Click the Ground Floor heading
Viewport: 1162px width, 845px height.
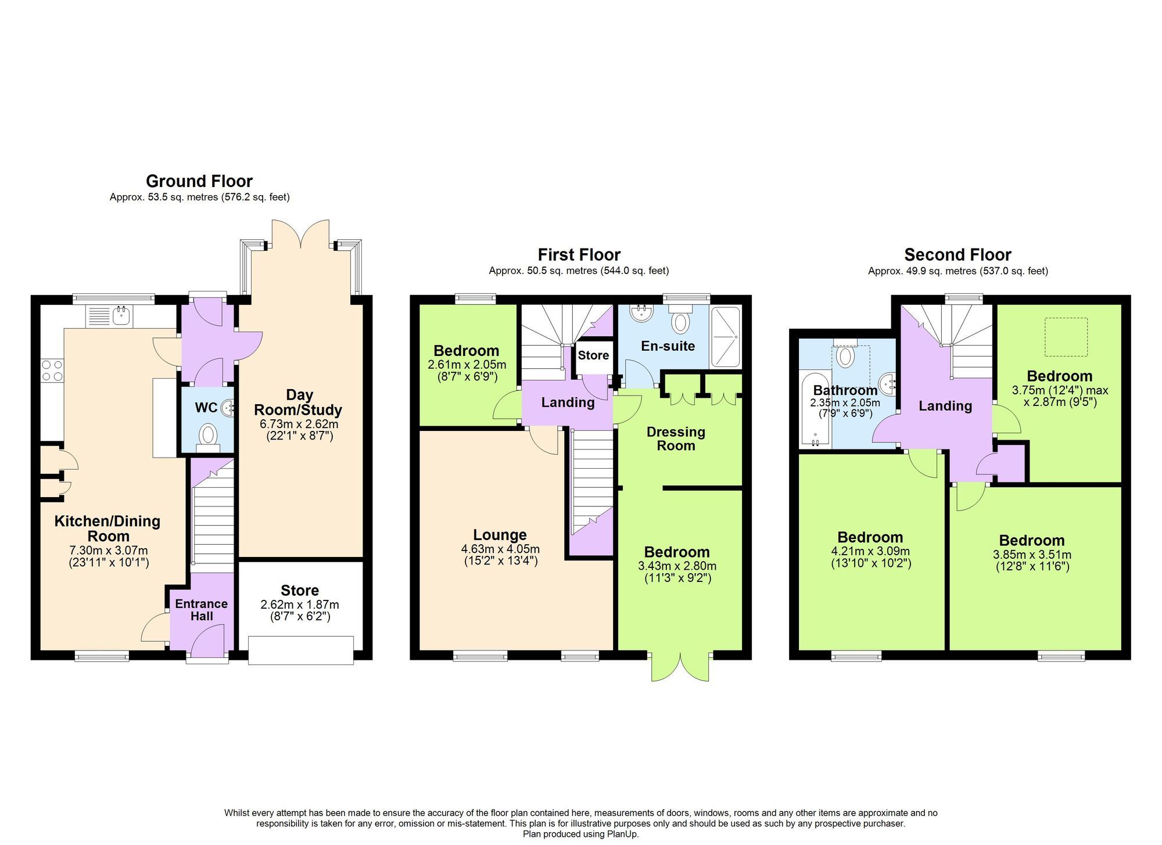199,181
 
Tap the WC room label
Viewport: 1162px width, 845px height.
206,408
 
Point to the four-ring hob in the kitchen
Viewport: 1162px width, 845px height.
52,371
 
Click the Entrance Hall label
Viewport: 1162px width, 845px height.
201,610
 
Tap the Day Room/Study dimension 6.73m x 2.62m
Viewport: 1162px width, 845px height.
299,424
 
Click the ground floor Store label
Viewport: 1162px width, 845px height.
299,591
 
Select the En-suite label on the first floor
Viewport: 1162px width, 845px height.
668,346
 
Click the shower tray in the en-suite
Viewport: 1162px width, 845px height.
726,337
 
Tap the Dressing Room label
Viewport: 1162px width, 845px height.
676,438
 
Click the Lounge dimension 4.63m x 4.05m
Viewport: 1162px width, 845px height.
500,549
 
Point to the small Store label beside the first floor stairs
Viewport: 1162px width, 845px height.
593,355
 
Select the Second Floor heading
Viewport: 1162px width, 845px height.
957,255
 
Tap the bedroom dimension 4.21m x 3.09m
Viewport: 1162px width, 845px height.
870,552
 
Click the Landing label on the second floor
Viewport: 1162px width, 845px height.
945,406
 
